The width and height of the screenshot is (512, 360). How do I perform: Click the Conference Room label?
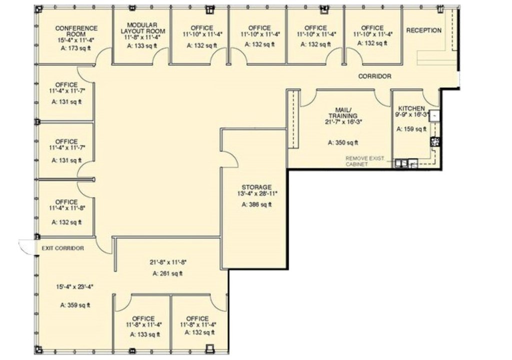coord(76,31)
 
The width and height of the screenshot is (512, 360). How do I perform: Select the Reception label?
coord(423,30)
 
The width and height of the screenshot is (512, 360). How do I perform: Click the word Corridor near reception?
coord(374,76)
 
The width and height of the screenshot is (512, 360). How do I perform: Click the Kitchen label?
coord(411,108)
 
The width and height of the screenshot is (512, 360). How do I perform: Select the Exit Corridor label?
coord(62,248)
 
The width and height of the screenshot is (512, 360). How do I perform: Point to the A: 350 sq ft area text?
coord(343,142)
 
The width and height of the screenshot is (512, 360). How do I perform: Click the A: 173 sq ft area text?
coord(76,48)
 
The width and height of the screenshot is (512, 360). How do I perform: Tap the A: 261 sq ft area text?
coord(167,273)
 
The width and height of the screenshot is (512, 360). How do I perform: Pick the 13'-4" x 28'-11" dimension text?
coord(257,193)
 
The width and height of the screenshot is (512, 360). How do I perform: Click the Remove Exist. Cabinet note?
coord(364,161)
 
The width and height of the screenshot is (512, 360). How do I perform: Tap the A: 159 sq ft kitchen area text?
coord(411,129)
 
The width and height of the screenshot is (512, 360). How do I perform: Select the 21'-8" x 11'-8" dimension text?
coord(167,262)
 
